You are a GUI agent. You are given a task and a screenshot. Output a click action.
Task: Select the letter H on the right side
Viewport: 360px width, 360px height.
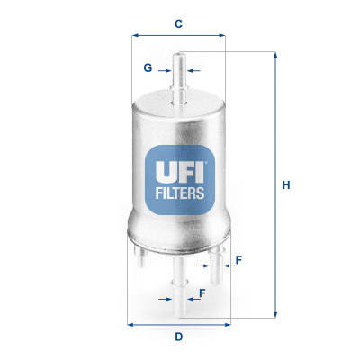point(286,186)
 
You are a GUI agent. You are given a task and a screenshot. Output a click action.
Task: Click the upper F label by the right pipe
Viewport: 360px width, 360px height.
point(238,261)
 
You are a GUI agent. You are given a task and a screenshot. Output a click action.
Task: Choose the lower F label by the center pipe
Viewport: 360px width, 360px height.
point(202,293)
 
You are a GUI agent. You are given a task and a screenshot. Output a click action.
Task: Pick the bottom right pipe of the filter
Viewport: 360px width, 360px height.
point(217,261)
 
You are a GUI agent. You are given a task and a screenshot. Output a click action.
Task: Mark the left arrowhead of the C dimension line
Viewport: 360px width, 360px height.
point(135,36)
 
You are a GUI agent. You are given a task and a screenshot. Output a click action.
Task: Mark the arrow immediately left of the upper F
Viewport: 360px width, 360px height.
point(228,266)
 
